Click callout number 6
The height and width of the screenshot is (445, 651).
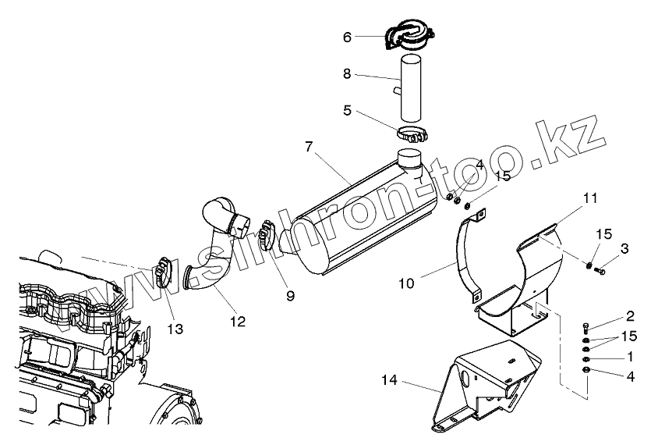(x=348, y=36)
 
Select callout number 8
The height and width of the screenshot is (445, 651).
(x=348, y=75)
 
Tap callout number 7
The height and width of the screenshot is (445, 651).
(x=310, y=147)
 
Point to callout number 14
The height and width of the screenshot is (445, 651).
(x=390, y=382)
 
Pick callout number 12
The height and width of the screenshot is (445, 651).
(x=237, y=321)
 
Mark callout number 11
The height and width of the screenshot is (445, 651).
(x=590, y=198)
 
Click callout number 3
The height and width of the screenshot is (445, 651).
(x=624, y=248)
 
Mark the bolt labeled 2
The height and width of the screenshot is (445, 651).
(x=586, y=329)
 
